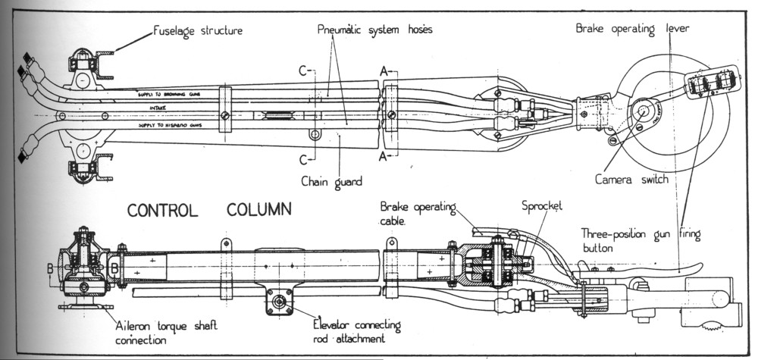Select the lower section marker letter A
click(384, 157)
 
